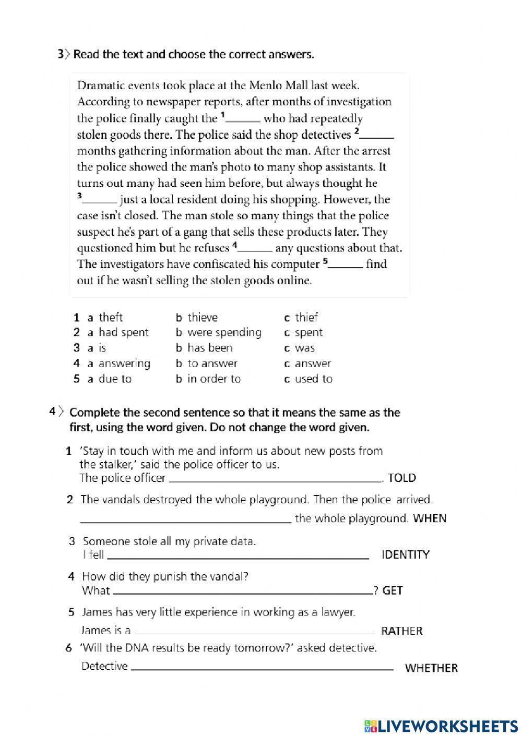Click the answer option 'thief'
click(x=306, y=317)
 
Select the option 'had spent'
click(x=123, y=332)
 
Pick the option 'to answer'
click(x=212, y=364)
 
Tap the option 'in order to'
click(x=214, y=379)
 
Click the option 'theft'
click(x=111, y=317)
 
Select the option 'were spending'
click(x=224, y=332)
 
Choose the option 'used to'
click(x=313, y=379)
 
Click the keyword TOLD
click(x=402, y=478)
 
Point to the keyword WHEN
click(x=429, y=518)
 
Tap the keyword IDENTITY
click(x=406, y=555)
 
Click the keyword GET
click(x=393, y=591)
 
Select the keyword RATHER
click(x=401, y=631)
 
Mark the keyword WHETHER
click(x=431, y=668)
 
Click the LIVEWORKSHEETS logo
click(x=441, y=726)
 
